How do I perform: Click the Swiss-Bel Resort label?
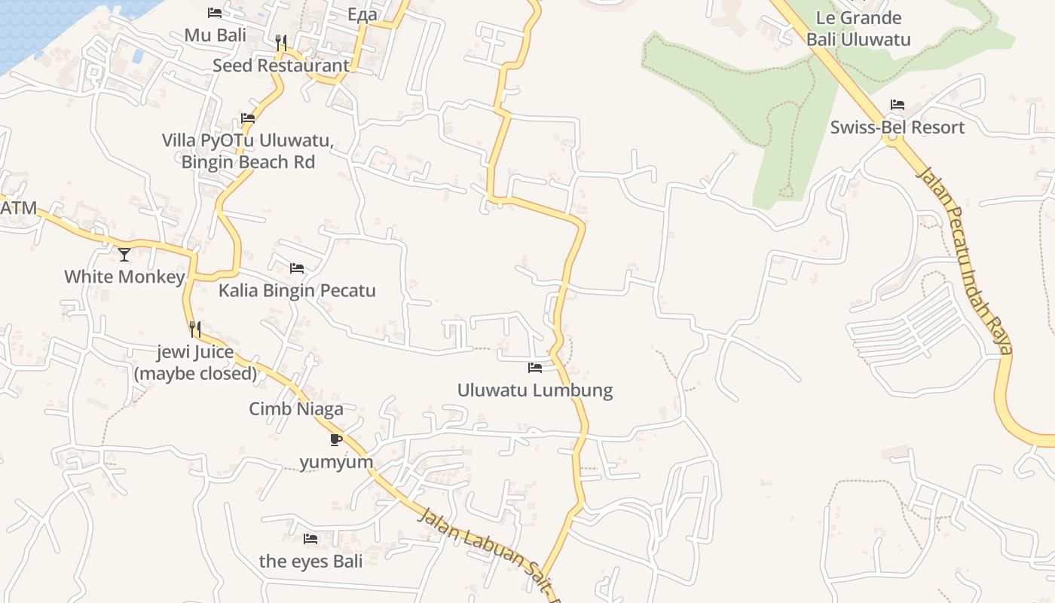click(x=897, y=127)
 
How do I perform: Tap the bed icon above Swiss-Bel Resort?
click(x=897, y=105)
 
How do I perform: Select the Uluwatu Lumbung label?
click(x=535, y=390)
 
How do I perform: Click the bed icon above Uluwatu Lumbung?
click(x=535, y=368)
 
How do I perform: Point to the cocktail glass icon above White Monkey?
click(x=124, y=255)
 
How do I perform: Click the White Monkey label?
click(x=124, y=277)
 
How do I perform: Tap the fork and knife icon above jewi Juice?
click(x=195, y=329)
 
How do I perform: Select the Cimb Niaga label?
click(x=296, y=409)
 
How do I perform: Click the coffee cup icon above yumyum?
click(x=336, y=439)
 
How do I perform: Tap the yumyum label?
click(x=336, y=462)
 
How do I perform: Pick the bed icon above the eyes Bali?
click(x=310, y=539)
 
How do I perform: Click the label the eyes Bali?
click(x=310, y=562)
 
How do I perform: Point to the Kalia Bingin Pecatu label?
click(x=297, y=291)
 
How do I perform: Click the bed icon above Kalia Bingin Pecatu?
click(x=297, y=268)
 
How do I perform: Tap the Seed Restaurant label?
click(x=281, y=66)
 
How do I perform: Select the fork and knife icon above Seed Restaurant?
click(x=281, y=43)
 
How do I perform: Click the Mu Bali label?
click(x=216, y=35)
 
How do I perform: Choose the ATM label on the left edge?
click(x=18, y=208)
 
